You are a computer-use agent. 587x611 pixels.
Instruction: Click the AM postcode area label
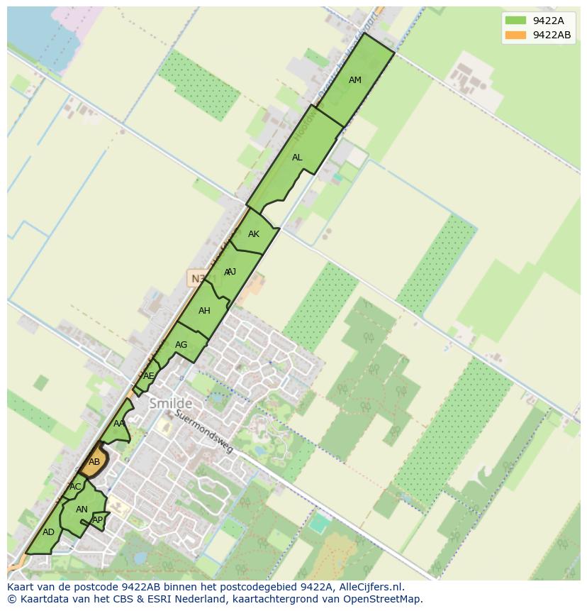pos(355,80)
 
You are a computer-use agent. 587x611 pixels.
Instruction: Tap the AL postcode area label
pos(297,158)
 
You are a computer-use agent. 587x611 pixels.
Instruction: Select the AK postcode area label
pos(254,234)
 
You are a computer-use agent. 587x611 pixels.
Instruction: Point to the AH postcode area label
pos(204,311)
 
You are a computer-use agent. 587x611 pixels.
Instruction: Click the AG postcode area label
pos(181,345)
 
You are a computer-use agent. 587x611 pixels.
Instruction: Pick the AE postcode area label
pos(149,376)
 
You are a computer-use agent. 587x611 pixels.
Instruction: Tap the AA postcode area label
pos(119,424)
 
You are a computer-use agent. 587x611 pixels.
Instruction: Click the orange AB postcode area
pos(94,462)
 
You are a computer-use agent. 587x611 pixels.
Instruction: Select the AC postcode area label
pos(75,487)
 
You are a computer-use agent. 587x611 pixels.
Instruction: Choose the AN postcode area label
pos(82,510)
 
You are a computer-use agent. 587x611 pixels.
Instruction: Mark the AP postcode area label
pos(98,520)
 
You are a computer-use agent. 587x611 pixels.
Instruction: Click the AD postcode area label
pos(48,532)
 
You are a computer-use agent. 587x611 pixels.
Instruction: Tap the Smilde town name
pos(170,404)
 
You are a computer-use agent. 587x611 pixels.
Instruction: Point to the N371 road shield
pos(199,278)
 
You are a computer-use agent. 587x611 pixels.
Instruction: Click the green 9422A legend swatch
pos(515,21)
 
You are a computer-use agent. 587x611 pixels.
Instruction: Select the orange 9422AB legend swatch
pos(515,35)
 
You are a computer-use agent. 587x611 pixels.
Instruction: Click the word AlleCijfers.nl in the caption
pos(371,587)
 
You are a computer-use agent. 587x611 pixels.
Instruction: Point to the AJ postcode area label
pos(230,272)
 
